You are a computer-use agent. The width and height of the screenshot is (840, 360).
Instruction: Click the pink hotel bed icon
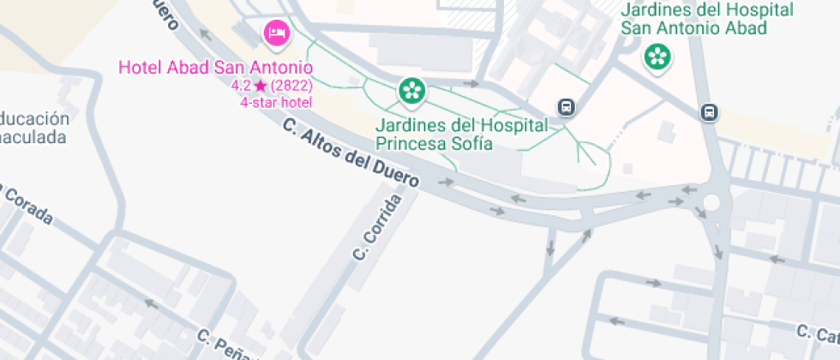[x=276, y=33]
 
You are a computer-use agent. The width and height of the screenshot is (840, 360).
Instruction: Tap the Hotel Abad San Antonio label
[x=215, y=67]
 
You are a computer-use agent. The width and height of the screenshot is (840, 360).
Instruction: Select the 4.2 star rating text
[x=241, y=86]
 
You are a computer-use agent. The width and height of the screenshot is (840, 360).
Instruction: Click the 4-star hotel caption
[x=276, y=102]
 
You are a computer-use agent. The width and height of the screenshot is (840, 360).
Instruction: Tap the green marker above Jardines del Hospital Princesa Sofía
[x=411, y=90]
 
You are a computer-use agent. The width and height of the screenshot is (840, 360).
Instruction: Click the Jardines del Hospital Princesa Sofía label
[x=461, y=134]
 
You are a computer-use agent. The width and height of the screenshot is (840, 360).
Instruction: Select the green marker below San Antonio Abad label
[x=657, y=57]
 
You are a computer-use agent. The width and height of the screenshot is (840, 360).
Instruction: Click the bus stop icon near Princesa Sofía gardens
[x=566, y=107]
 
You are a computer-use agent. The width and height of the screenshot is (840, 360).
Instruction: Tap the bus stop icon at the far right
[x=710, y=112]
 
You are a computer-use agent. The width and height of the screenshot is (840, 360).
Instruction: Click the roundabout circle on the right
[x=711, y=202]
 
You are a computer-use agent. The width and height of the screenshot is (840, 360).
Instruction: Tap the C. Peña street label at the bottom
[x=225, y=345]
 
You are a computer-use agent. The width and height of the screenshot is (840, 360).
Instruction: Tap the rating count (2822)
[x=291, y=86]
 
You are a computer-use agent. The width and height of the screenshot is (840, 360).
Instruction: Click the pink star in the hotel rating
[x=261, y=86]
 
